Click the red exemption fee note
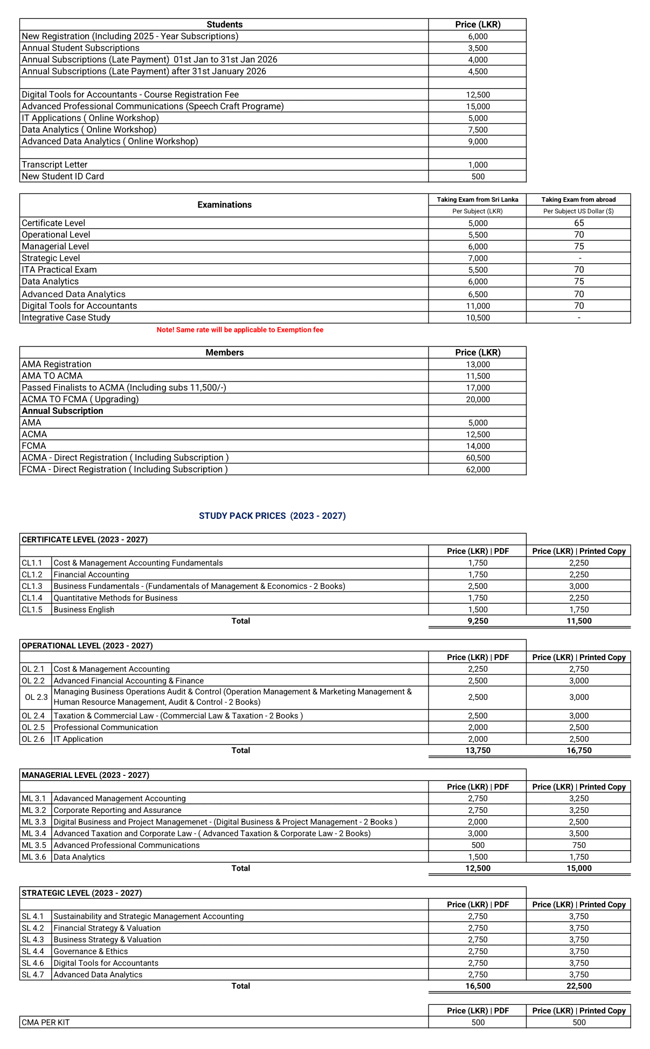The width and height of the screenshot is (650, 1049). pos(240,330)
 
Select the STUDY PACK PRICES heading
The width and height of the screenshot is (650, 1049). pos(272,516)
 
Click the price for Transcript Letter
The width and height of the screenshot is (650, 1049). pos(478,165)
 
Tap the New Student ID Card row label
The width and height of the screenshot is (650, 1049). pos(63,176)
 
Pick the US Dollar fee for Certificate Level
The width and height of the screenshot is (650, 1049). pos(579,223)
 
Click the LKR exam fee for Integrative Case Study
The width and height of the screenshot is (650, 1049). pos(478,318)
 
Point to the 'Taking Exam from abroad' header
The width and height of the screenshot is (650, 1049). pos(578,199)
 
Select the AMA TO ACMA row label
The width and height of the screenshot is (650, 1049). pos(52,376)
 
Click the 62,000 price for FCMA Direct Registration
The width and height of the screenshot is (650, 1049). pos(478,469)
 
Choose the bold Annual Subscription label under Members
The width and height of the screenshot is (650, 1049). pos(63,411)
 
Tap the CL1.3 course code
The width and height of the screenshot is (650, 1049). pos(32,586)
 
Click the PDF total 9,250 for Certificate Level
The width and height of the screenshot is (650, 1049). pos(478,621)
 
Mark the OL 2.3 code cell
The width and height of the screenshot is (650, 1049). pos(36,697)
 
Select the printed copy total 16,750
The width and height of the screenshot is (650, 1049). pos(579,750)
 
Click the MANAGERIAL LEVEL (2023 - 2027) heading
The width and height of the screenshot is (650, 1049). pos(85,775)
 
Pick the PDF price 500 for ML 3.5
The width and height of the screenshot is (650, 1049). pos(478,845)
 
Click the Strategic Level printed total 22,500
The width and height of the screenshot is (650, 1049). pos(579,986)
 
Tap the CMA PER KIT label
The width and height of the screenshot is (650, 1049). pos(46,1022)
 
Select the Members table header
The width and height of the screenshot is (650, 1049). pos(224,352)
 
